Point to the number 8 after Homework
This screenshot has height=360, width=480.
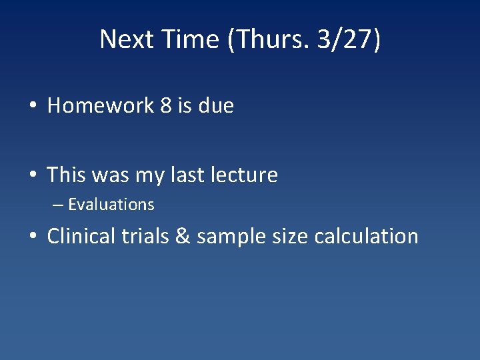tap(166, 106)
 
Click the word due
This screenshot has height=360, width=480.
tap(216, 106)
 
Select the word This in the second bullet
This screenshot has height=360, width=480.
tap(67, 175)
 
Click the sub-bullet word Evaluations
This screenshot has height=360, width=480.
tap(111, 205)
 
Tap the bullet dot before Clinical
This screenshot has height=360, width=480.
tap(33, 237)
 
